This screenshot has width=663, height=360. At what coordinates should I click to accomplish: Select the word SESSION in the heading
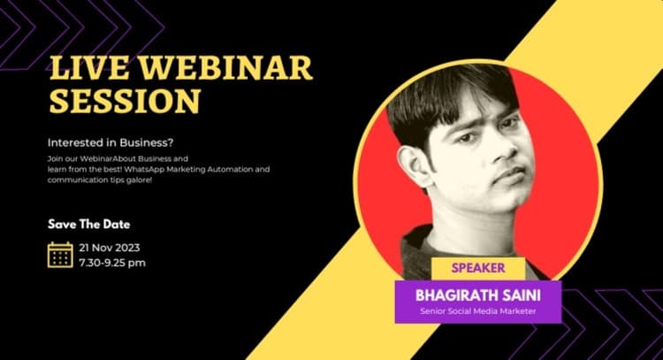tap(124, 102)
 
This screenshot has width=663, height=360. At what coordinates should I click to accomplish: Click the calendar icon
tap(60, 255)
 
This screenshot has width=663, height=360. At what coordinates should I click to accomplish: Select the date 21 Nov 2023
tap(109, 248)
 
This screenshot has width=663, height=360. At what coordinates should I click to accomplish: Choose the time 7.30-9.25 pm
tap(112, 262)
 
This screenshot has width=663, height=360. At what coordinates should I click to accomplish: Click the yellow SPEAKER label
tap(478, 267)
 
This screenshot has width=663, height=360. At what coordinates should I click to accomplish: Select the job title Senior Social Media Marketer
tap(478, 310)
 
